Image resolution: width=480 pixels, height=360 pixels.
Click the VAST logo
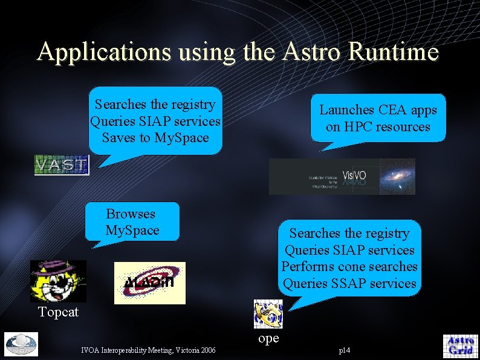(x=61, y=165)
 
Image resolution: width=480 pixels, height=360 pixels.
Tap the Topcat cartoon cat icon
(x=58, y=281)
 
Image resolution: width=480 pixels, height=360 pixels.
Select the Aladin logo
(x=150, y=283)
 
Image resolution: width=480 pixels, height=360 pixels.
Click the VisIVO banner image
(x=342, y=177)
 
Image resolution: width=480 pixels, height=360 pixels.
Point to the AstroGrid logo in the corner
(x=460, y=345)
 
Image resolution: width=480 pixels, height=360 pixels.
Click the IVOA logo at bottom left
(x=21, y=344)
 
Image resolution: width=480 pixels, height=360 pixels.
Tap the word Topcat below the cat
(x=58, y=312)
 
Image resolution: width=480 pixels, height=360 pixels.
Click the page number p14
(x=345, y=350)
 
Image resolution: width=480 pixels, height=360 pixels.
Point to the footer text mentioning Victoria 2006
(x=148, y=350)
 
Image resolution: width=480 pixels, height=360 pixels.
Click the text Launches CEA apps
(x=378, y=110)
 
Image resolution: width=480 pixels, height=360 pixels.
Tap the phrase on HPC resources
(x=378, y=126)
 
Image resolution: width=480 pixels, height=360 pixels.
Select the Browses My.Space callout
(x=132, y=222)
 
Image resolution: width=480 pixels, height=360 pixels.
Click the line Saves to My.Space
(x=155, y=137)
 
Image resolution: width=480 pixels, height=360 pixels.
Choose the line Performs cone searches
(x=349, y=266)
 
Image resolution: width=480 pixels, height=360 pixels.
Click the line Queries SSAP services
(x=349, y=283)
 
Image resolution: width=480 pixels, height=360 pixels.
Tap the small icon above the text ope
(x=267, y=314)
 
